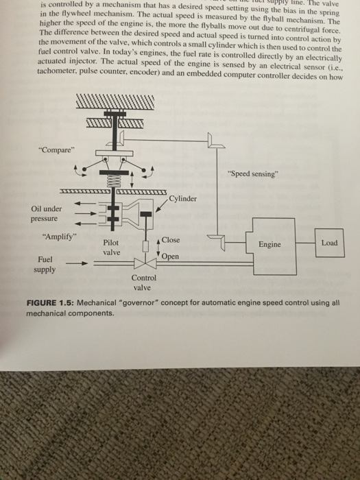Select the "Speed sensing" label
coord(253,172)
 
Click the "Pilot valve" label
coord(112,248)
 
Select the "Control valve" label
coord(145,283)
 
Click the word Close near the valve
coord(171,241)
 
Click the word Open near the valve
coord(171,256)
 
